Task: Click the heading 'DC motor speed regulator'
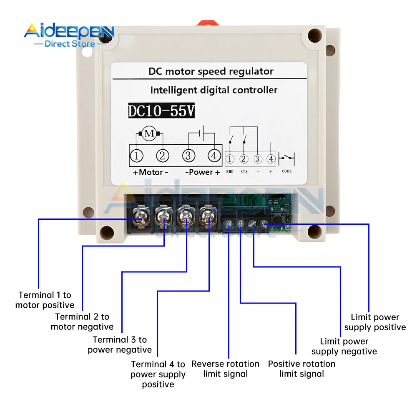(211, 71)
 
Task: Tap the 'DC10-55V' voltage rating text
(161, 111)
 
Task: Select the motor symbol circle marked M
(149, 134)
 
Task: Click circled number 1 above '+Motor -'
(136, 156)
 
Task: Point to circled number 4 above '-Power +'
(214, 156)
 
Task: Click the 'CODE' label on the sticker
(287, 171)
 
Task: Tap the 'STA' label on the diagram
(244, 171)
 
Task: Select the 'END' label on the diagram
(230, 171)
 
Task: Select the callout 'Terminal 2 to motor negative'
(82, 322)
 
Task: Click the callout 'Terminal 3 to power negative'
(120, 344)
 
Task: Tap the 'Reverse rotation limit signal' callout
(225, 369)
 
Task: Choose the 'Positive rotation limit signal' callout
(301, 369)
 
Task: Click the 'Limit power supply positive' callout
(375, 322)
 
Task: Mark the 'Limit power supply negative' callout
(344, 346)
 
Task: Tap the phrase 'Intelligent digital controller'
(214, 90)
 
